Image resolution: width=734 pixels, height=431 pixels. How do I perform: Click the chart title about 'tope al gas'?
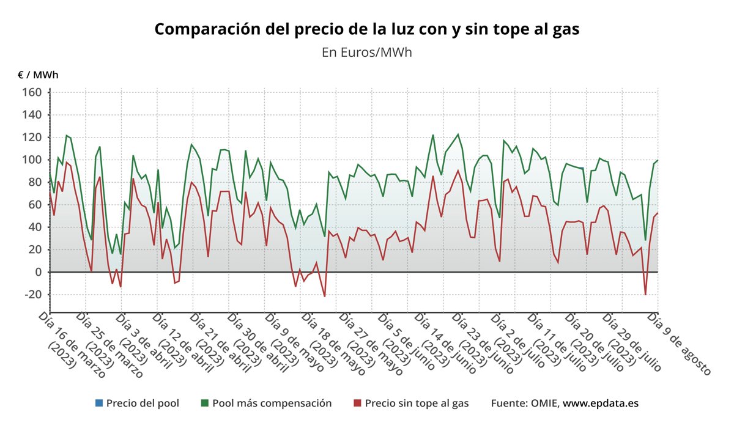tap(366, 29)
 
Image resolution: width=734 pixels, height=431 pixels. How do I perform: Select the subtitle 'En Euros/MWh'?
tap(366, 53)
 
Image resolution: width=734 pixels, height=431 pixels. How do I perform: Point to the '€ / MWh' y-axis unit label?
tap(38, 75)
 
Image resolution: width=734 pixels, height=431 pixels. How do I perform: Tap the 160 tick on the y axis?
tap(32, 92)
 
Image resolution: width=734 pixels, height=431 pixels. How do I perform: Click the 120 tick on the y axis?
tap(32, 137)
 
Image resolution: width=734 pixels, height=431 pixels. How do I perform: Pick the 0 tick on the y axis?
tap(37, 272)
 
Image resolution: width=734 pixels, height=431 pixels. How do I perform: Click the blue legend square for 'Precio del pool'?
tap(99, 403)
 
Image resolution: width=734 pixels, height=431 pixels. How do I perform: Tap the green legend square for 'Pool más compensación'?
tap(205, 403)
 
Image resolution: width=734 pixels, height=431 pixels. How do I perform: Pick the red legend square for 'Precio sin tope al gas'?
tap(358, 403)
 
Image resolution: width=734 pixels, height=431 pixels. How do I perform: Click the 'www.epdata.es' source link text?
tap(601, 403)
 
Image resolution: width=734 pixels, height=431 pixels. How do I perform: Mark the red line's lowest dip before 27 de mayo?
tap(324, 297)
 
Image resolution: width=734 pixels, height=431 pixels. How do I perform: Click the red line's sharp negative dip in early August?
tap(645, 295)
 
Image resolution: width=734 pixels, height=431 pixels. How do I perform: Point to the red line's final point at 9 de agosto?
tap(658, 213)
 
